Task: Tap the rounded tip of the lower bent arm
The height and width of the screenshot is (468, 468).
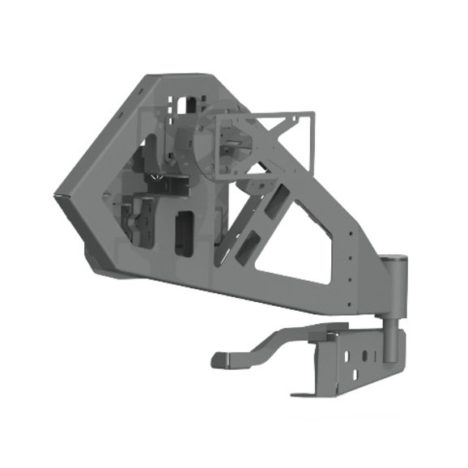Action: (217, 357)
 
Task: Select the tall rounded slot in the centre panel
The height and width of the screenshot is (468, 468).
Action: (184, 234)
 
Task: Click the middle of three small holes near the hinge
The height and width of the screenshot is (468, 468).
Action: (351, 252)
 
